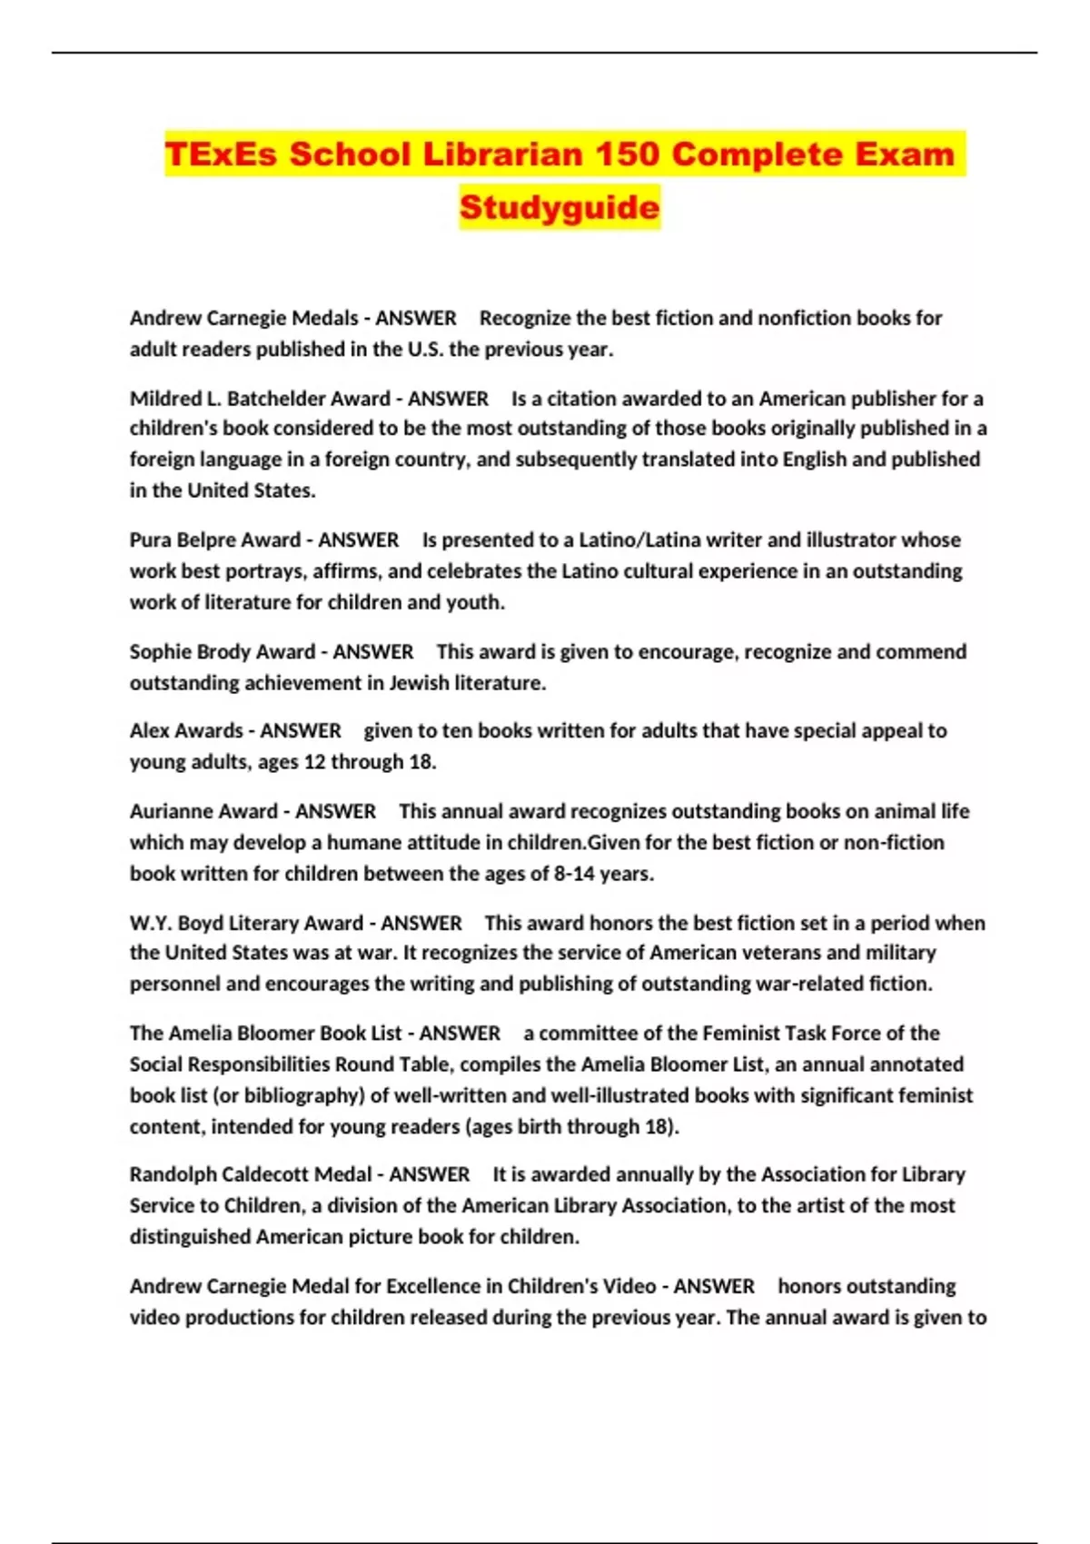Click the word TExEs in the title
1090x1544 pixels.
[221, 154]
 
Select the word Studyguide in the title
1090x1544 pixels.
[560, 207]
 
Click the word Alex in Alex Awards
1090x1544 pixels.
[149, 731]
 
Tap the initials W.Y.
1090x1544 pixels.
[150, 924]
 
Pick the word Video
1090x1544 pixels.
[629, 1287]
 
